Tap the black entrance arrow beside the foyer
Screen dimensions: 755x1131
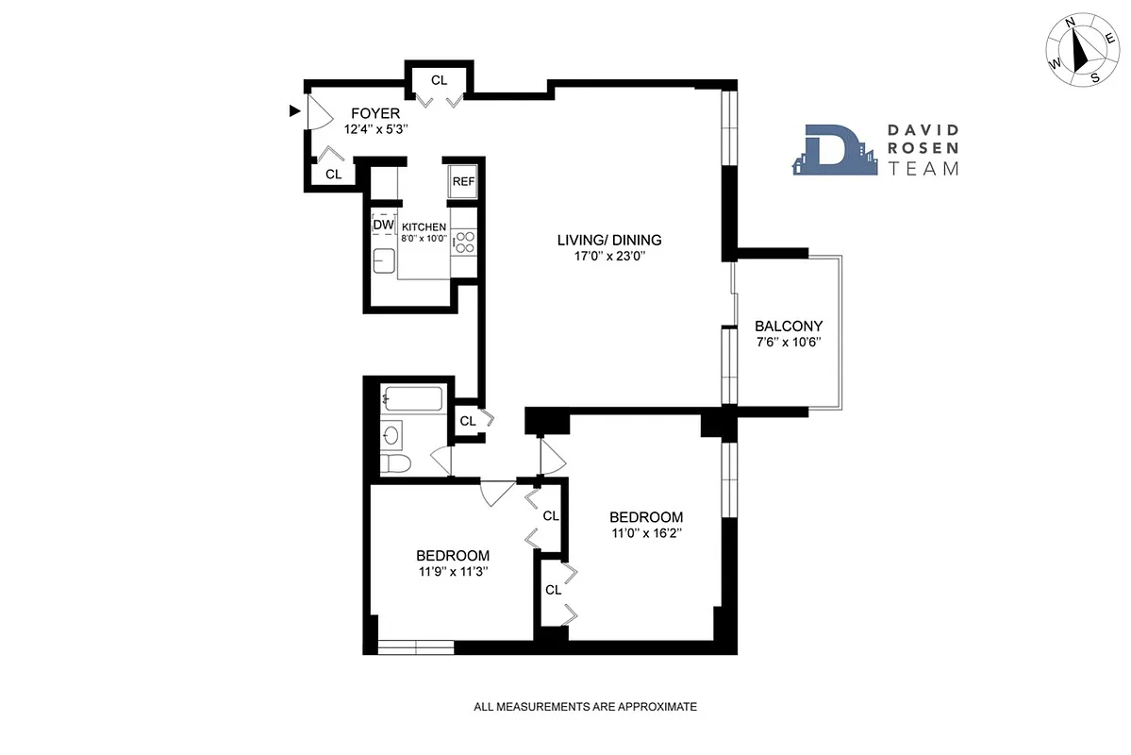(294, 111)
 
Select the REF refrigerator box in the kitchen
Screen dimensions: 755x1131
(462, 181)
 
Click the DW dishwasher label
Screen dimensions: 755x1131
(383, 226)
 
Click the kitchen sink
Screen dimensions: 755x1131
(385, 260)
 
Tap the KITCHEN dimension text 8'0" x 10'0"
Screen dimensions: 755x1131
(424, 240)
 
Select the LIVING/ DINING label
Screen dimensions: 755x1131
(608, 240)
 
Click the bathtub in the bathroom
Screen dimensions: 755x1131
(413, 400)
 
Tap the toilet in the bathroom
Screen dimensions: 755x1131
(396, 463)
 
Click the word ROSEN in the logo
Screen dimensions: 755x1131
(923, 149)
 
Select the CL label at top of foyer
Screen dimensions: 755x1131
(439, 80)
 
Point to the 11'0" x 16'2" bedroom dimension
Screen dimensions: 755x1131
(645, 533)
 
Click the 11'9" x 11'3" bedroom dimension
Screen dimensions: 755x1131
(453, 571)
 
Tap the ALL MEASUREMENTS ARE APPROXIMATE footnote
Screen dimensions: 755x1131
(585, 706)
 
